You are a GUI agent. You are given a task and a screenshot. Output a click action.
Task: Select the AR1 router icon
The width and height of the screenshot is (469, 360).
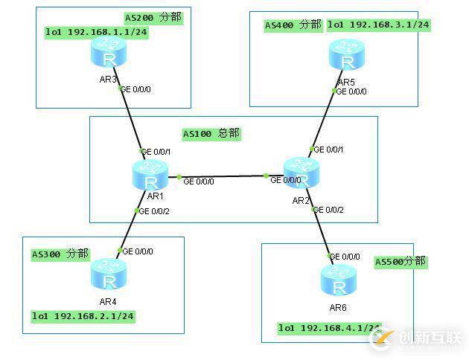pyautogui.click(x=152, y=176)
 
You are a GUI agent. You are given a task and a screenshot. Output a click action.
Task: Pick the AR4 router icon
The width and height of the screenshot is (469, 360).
pyautogui.click(x=109, y=274)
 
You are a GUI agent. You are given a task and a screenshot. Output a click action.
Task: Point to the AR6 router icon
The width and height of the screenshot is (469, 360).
pyautogui.click(x=339, y=280)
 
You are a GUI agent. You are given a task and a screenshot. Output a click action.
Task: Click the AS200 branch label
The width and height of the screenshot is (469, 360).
pyautogui.click(x=153, y=16)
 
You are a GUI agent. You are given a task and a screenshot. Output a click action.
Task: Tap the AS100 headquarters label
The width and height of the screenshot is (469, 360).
pyautogui.click(x=212, y=134)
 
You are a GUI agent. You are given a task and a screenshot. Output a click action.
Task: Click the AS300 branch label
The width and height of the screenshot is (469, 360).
pyautogui.click(x=60, y=254)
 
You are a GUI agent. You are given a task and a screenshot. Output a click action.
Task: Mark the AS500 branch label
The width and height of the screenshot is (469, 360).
pyautogui.click(x=401, y=262)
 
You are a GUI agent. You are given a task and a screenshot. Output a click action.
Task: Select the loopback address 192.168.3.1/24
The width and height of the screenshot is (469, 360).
pyautogui.click(x=379, y=25)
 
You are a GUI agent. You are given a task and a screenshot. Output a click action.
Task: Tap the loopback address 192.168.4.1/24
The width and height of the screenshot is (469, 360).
pyautogui.click(x=330, y=327)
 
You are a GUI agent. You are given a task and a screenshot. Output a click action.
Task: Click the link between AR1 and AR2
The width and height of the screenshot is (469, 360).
pyautogui.click(x=223, y=177)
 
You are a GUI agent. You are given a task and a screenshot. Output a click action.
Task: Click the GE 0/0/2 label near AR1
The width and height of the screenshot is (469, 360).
pyautogui.click(x=155, y=211)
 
